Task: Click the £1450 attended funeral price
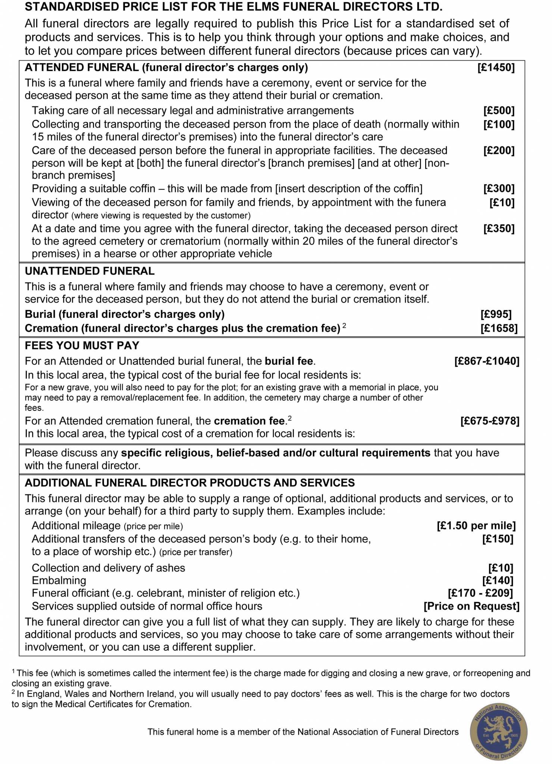(x=496, y=68)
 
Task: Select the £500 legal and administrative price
(x=499, y=110)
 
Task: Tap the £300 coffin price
(x=499, y=189)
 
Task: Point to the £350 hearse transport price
(x=499, y=228)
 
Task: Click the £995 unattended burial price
(x=496, y=314)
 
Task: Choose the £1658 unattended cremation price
(x=499, y=328)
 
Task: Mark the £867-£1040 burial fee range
(x=486, y=361)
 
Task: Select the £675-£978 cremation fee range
(x=489, y=421)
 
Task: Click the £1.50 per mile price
(x=476, y=526)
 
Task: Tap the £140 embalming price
(x=498, y=580)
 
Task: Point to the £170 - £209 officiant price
(x=480, y=593)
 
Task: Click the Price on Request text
(x=471, y=606)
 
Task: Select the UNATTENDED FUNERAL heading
(x=90, y=271)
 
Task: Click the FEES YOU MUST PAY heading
(x=82, y=346)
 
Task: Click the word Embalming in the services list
(x=59, y=580)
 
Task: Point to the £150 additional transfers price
(x=498, y=539)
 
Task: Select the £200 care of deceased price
(x=499, y=151)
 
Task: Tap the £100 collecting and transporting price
(x=499, y=124)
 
